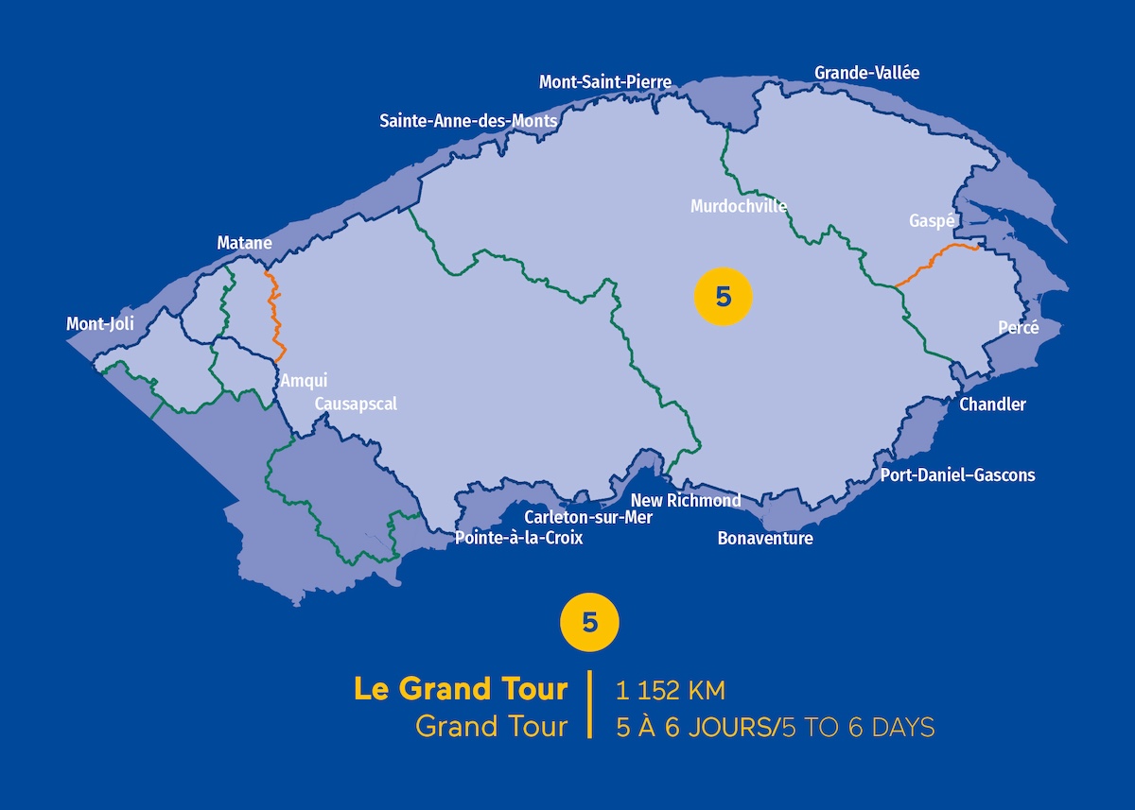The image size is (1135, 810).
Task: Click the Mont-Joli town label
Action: (100, 324)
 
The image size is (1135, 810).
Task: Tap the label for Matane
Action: (244, 243)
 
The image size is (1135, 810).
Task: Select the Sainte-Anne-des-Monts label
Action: (468, 121)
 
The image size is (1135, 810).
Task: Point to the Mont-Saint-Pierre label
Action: (605, 82)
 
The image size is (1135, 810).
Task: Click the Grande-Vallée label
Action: (866, 73)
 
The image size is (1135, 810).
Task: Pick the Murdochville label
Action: (739, 206)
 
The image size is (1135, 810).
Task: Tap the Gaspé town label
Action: (930, 220)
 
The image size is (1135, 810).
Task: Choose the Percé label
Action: (1018, 328)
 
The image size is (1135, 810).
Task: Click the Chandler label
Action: (992, 405)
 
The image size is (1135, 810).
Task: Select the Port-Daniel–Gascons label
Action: (957, 475)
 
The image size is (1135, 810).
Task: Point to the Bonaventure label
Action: (765, 539)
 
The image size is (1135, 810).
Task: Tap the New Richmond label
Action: (686, 500)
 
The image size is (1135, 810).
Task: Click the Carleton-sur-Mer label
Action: (588, 517)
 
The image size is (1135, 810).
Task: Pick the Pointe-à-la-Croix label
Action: (519, 538)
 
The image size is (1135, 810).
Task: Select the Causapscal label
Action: (356, 405)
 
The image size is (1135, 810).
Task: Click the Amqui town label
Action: (304, 381)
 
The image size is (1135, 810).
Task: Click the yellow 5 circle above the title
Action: (590, 623)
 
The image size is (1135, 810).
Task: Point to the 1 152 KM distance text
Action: (670, 691)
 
